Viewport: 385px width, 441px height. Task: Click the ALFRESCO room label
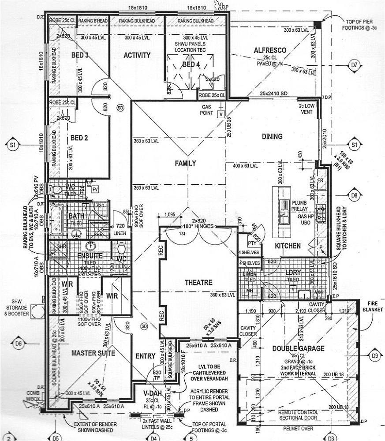tap(270, 51)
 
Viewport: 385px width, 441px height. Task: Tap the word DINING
tap(272, 137)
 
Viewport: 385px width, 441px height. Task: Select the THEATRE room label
tap(198, 283)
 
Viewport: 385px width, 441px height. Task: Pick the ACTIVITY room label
tap(137, 56)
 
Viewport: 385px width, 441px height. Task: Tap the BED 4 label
tap(191, 65)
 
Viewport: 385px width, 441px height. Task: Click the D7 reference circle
tap(354, 65)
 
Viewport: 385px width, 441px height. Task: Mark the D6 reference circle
tap(18, 343)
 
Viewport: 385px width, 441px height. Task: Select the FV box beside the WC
tap(94, 190)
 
